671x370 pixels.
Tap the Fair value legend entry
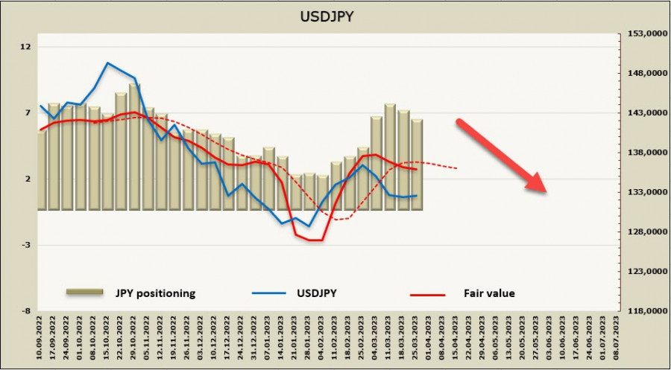coord(488,293)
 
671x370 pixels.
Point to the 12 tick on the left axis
coord(27,47)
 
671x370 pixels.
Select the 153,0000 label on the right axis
coord(643,34)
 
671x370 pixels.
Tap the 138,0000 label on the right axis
coord(643,153)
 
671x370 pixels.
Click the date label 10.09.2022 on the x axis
coord(40,338)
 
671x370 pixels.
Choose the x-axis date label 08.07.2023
coord(616,338)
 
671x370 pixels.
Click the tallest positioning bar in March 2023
coord(390,156)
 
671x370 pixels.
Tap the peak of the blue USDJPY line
coord(108,63)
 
